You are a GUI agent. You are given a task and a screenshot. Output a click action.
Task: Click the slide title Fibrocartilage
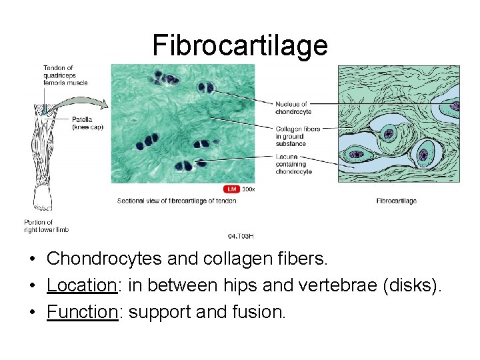[x=240, y=45]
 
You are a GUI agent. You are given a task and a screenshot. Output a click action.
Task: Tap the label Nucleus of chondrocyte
[x=293, y=108]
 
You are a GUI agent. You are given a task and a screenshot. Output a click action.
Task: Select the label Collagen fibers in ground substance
[x=298, y=136]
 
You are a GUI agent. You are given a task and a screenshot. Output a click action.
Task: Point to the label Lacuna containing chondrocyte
[x=293, y=164]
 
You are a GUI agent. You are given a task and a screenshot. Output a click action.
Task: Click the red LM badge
[x=231, y=189]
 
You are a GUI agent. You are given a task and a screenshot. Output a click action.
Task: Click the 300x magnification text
[x=248, y=189]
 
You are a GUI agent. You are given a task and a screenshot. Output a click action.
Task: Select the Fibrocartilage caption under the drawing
[x=397, y=201]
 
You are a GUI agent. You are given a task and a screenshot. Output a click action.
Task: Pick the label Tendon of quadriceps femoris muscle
[x=65, y=75]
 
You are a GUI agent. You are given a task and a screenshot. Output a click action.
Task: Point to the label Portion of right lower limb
[x=46, y=226]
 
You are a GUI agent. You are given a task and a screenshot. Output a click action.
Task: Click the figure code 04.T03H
[x=241, y=236]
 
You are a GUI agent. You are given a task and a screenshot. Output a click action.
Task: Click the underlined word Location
[x=82, y=285]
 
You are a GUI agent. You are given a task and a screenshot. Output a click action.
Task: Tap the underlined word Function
[x=82, y=311]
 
